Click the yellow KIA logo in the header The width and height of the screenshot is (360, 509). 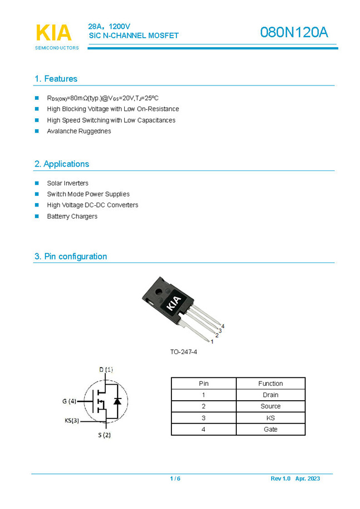[x=54, y=33]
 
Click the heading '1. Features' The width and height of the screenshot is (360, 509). [x=56, y=79]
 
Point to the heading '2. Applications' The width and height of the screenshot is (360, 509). [x=62, y=164]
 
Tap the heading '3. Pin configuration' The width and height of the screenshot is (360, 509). [x=70, y=256]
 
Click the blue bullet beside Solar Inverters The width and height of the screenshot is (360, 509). [x=37, y=183]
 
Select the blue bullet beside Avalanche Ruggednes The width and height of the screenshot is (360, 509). [x=37, y=131]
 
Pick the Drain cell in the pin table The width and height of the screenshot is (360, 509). [x=270, y=395]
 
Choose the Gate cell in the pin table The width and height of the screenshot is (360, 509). [x=270, y=429]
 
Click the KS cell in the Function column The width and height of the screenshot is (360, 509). [x=270, y=418]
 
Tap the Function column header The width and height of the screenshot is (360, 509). [x=270, y=384]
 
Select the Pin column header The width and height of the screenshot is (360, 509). [x=204, y=384]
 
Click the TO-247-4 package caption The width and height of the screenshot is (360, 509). [x=184, y=352]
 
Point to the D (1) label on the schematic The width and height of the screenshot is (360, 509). [x=106, y=369]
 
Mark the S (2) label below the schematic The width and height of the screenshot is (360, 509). [x=105, y=435]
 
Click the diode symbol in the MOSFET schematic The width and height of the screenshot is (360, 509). [x=117, y=401]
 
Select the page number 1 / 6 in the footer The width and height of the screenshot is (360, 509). [x=175, y=478]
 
